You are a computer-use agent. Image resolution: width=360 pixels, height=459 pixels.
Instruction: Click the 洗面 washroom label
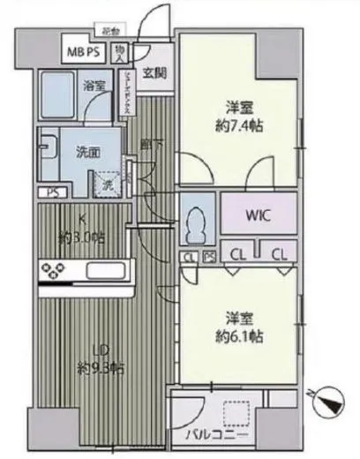[x=86, y=149]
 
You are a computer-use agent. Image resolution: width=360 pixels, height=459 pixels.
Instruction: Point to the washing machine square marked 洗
[x=106, y=185]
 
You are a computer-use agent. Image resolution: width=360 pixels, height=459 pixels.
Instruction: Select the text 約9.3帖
[x=99, y=367]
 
